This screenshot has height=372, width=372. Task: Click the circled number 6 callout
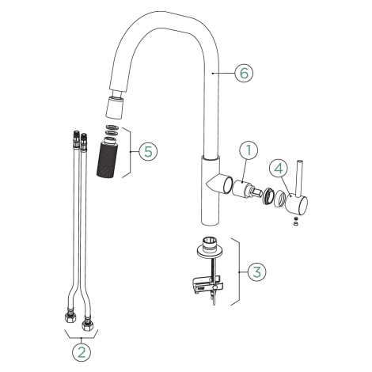click(x=244, y=73)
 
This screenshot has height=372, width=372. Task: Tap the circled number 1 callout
click(x=249, y=150)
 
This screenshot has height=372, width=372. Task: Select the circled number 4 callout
click(x=279, y=169)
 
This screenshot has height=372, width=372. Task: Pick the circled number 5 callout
click(x=148, y=152)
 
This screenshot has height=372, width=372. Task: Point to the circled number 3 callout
click(x=256, y=271)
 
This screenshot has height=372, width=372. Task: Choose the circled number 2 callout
click(x=82, y=352)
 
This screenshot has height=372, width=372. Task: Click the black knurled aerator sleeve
click(x=106, y=161)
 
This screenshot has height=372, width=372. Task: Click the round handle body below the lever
click(x=298, y=205)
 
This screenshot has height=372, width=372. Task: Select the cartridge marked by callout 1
click(x=244, y=189)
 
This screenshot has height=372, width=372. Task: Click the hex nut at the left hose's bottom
click(x=70, y=317)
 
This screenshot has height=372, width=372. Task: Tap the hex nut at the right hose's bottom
click(x=87, y=325)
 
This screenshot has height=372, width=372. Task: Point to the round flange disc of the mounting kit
click(x=210, y=252)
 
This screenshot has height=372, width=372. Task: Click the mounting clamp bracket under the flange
click(x=207, y=285)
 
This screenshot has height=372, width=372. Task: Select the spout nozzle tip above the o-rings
click(x=115, y=108)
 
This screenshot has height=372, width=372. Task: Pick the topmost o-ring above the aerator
click(x=113, y=127)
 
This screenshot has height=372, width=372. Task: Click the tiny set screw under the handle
click(x=296, y=219)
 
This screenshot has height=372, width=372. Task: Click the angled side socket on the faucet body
click(x=219, y=184)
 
